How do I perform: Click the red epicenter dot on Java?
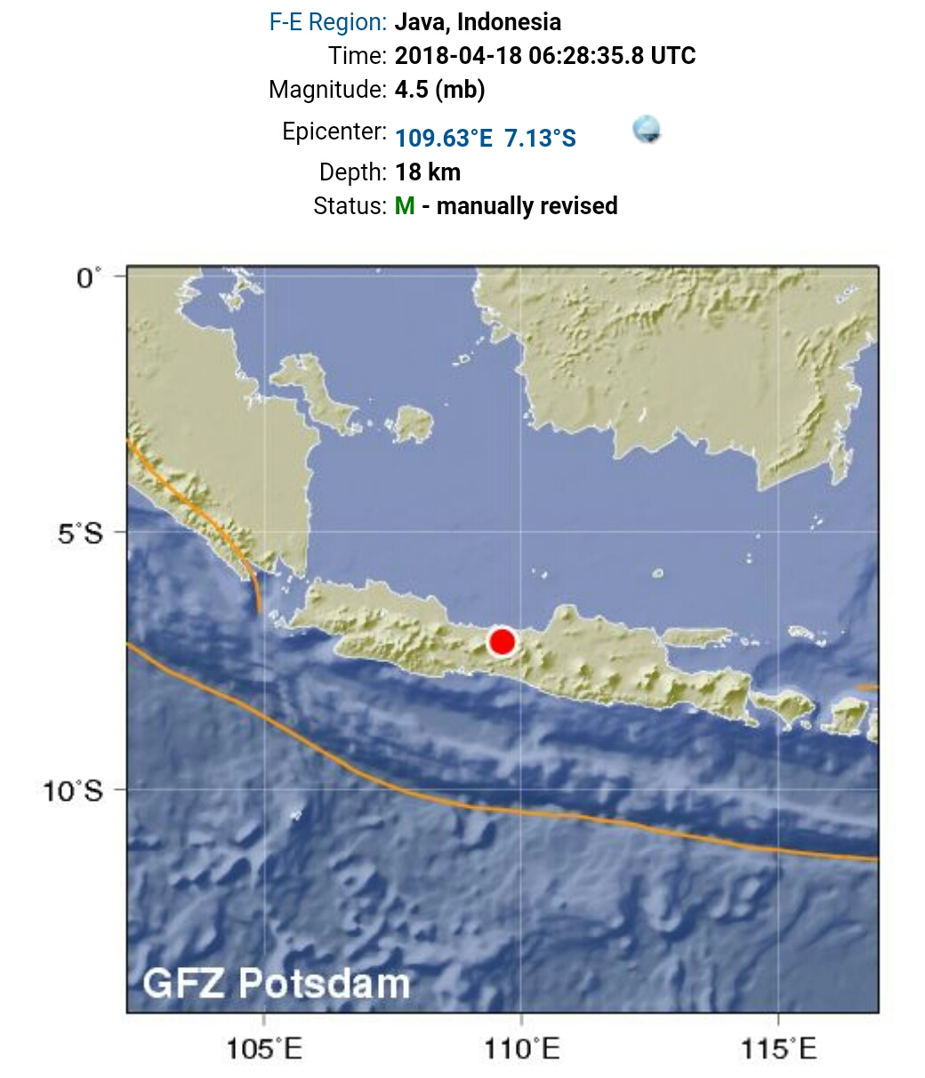pyautogui.click(x=503, y=642)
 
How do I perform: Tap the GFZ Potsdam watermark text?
pyautogui.click(x=277, y=983)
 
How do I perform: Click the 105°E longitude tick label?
pyautogui.click(x=264, y=1050)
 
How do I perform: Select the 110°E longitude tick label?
pyautogui.click(x=522, y=1050)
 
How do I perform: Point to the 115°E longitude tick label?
pyautogui.click(x=778, y=1050)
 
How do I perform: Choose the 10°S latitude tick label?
pyautogui.click(x=75, y=790)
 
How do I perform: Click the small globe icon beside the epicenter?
pyautogui.click(x=647, y=130)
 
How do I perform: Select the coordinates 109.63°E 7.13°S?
pyautogui.click(x=486, y=139)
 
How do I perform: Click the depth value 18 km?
pyautogui.click(x=428, y=172)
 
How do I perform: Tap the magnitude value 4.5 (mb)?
pyautogui.click(x=439, y=89)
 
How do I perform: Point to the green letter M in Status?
pyautogui.click(x=405, y=206)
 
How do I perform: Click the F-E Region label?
pyautogui.click(x=328, y=22)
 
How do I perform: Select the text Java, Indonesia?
pyautogui.click(x=478, y=22)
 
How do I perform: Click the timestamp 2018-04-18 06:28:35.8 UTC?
pyautogui.click(x=545, y=55)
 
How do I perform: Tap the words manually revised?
pyautogui.click(x=527, y=206)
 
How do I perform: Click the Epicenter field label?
pyautogui.click(x=334, y=132)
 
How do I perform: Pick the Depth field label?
pyautogui.click(x=353, y=172)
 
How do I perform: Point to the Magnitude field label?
pyautogui.click(x=327, y=89)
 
